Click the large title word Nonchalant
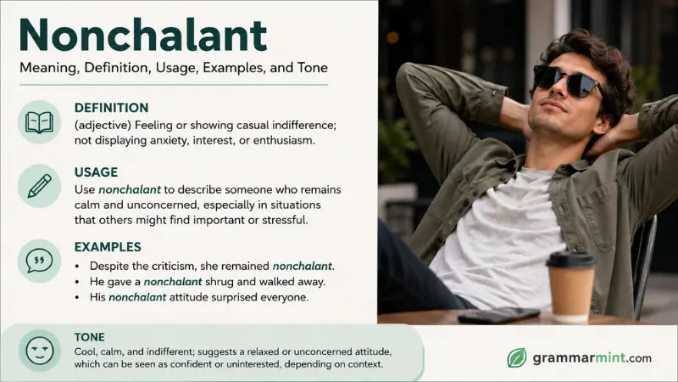pyautogui.click(x=143, y=35)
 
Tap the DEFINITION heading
pyautogui.click(x=111, y=108)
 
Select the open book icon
pyautogui.click(x=39, y=122)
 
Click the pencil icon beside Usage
pyautogui.click(x=39, y=186)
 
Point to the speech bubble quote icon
pyautogui.click(x=39, y=261)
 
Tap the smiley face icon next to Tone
pyautogui.click(x=40, y=350)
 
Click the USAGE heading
pyautogui.click(x=96, y=172)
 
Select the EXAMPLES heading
pyautogui.click(x=108, y=247)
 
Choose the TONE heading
pyautogui.click(x=90, y=337)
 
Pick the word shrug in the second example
pyautogui.click(x=220, y=282)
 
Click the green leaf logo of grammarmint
pyautogui.click(x=517, y=357)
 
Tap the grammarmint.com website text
pyautogui.click(x=592, y=357)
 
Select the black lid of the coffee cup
pyautogui.click(x=570, y=260)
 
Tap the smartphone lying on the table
pyautogui.click(x=499, y=315)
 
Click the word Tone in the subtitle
pyautogui.click(x=313, y=68)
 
